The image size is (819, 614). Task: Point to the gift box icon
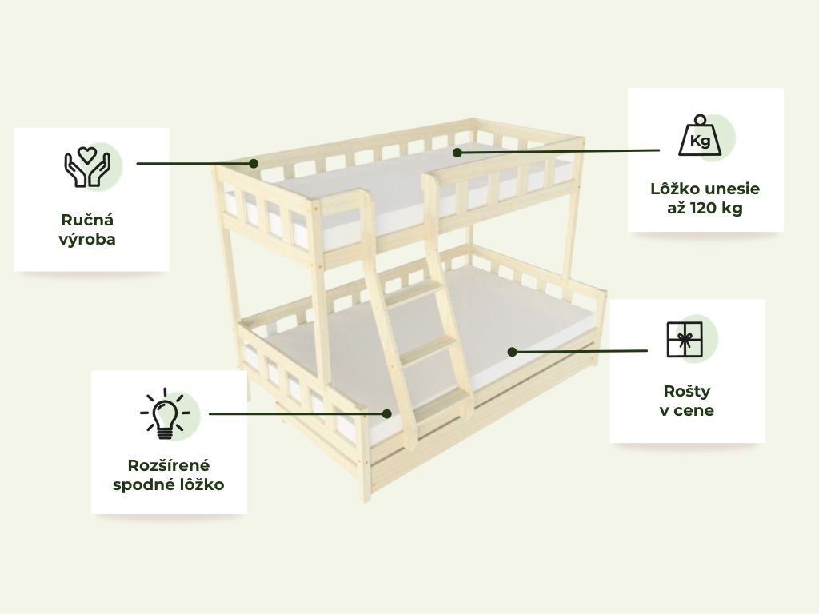click(x=684, y=341)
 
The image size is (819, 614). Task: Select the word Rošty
click(x=687, y=392)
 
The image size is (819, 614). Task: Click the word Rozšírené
click(x=168, y=465)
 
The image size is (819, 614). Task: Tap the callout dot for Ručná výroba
click(x=253, y=163)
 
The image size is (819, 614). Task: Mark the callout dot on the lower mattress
click(x=512, y=351)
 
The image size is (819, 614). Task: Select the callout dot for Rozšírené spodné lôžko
click(x=387, y=414)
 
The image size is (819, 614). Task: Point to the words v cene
click(x=687, y=411)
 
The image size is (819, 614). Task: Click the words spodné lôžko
click(x=168, y=484)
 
